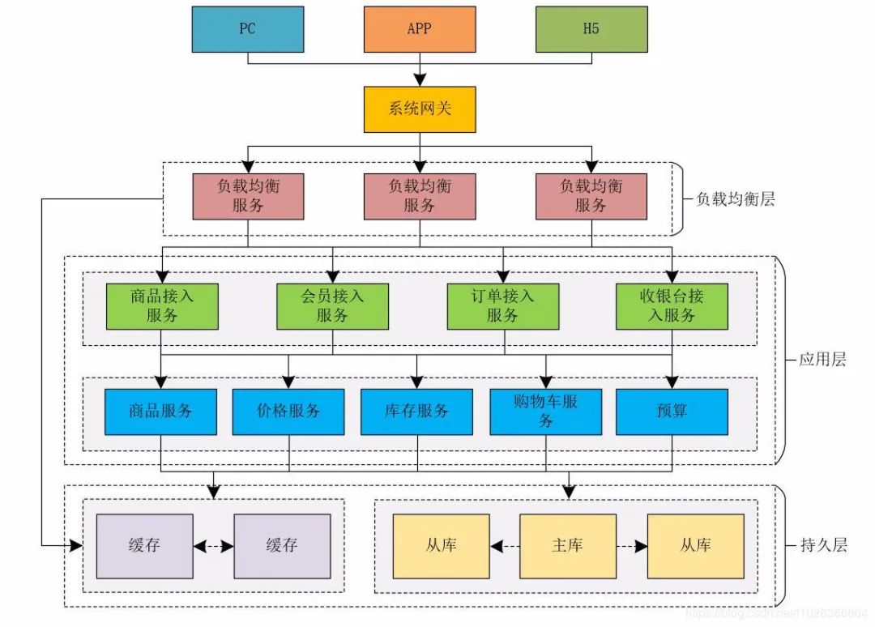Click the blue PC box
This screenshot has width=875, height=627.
point(247,29)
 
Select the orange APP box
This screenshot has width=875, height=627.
point(419,29)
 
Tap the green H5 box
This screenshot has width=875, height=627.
point(591,29)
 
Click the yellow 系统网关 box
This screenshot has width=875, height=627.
point(419,108)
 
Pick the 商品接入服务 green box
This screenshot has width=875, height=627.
point(162,305)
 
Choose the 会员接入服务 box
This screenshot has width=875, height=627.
point(332,305)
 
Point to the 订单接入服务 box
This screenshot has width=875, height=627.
point(502,305)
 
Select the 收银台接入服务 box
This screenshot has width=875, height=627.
point(672,305)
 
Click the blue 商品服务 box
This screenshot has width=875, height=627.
point(160,412)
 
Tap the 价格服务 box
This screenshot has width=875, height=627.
point(288,412)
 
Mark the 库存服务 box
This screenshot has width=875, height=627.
point(416,412)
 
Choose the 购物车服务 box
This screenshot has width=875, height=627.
point(545,412)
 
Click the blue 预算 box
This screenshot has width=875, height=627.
point(672,412)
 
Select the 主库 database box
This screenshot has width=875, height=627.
point(567,546)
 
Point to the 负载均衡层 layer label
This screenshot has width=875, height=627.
point(735,198)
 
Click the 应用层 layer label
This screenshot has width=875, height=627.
point(822,360)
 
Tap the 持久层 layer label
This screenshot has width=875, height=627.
point(822,545)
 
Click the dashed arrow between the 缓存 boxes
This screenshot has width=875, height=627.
point(214,546)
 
